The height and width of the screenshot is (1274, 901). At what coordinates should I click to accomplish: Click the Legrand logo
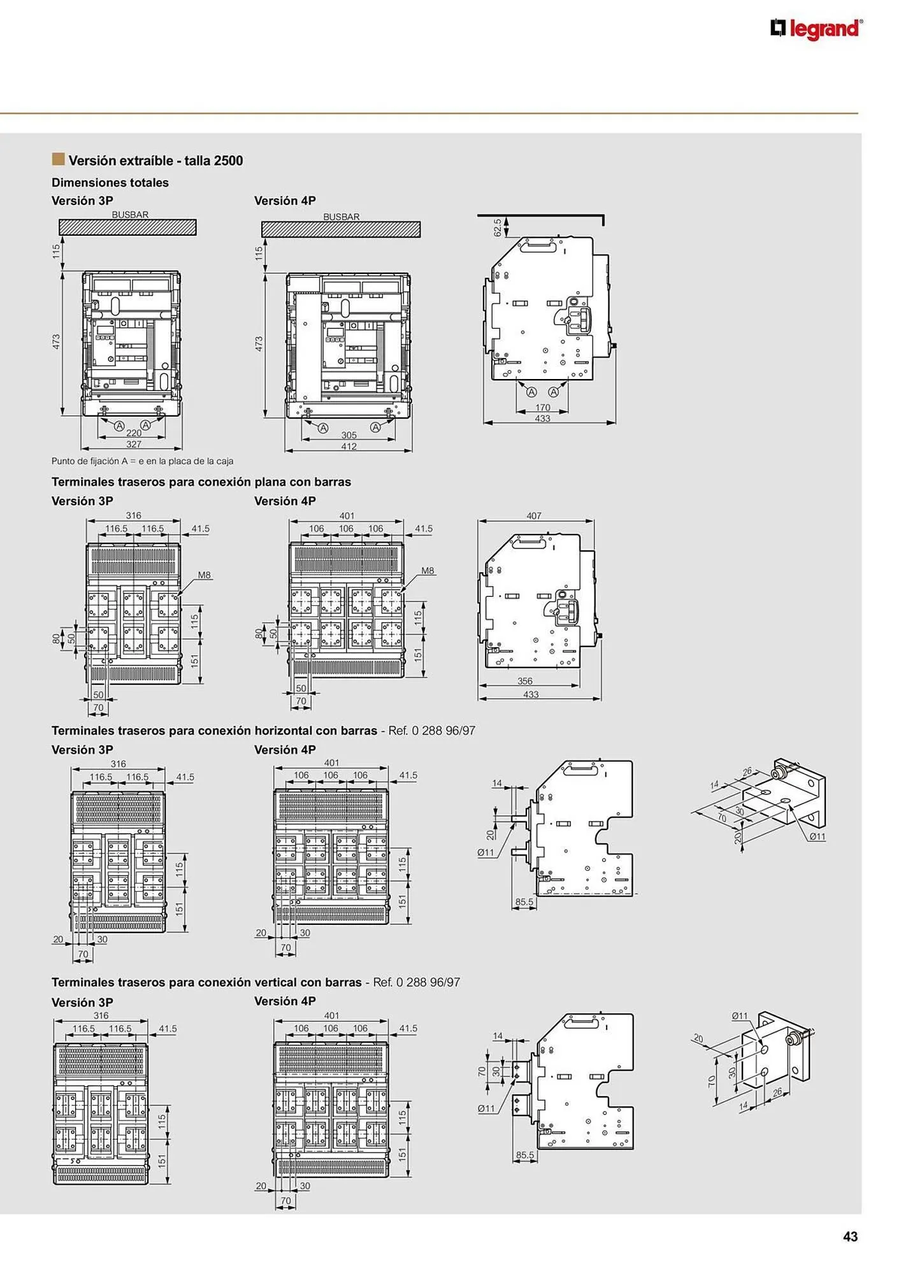[x=816, y=29]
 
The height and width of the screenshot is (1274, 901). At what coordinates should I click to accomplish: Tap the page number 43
[x=850, y=1236]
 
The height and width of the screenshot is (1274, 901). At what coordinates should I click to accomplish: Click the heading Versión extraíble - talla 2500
[x=155, y=161]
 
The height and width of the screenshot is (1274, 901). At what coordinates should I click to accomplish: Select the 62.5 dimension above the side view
[x=498, y=227]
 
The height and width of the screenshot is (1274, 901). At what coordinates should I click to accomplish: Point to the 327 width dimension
[x=134, y=444]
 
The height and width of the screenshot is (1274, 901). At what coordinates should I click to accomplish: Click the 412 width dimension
[x=349, y=446]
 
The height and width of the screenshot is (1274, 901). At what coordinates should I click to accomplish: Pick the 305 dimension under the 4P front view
[x=349, y=435]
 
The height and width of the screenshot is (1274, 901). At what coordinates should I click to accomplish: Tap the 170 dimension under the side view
[x=542, y=408]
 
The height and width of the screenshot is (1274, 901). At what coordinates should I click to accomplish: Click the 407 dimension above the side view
[x=534, y=516]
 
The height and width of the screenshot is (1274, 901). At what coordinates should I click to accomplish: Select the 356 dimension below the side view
[x=525, y=681]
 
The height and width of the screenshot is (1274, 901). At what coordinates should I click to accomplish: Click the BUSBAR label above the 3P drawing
[x=130, y=215]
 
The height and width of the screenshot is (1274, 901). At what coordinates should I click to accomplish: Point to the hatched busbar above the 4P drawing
[x=341, y=229]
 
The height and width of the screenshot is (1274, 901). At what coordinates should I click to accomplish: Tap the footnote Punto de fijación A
[x=143, y=461]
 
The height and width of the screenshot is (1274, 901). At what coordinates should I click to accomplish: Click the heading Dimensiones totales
[x=110, y=183]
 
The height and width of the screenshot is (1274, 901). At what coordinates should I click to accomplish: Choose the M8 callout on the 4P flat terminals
[x=428, y=571]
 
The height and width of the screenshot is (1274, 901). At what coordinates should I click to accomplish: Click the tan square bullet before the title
[x=59, y=159]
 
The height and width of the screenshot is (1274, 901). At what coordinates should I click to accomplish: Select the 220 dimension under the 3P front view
[x=134, y=433]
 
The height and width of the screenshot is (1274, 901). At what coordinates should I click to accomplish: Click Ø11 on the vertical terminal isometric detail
[x=740, y=1016]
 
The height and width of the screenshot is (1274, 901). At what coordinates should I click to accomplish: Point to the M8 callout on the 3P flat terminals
[x=204, y=575]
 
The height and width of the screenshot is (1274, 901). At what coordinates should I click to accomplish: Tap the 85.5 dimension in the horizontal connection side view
[x=524, y=902]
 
